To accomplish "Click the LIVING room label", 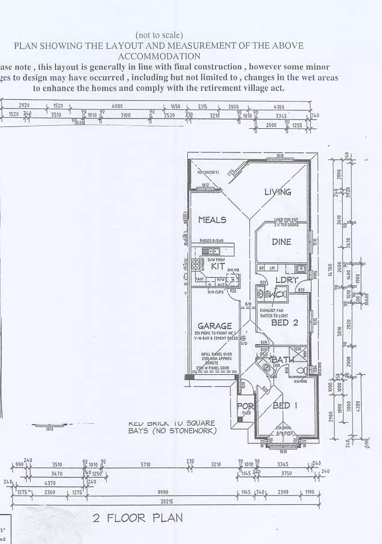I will click(x=277, y=192).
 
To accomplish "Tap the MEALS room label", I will click(x=212, y=219).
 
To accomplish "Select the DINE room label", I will click(x=281, y=242).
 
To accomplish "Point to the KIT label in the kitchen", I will click(x=218, y=266).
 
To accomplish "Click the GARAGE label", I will click(x=215, y=326).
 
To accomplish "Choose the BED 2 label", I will click(x=284, y=323).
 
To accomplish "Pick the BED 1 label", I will click(x=285, y=405).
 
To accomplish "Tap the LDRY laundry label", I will click(x=286, y=280).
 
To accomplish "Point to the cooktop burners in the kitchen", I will click(x=195, y=264).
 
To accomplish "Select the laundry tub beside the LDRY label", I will click(x=301, y=269).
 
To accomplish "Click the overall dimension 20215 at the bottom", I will click(x=166, y=502).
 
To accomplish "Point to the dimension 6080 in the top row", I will click(x=117, y=106).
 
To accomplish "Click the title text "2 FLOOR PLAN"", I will click(x=138, y=518).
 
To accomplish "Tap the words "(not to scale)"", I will click(x=159, y=35).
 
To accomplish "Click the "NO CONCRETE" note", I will click(x=209, y=173).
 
